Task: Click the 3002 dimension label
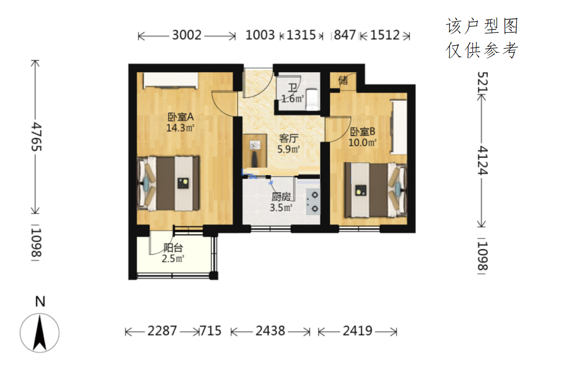tap(187, 35)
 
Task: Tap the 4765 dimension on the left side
tap(36, 137)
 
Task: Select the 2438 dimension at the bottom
tap(270, 331)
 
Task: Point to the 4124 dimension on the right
tap(482, 161)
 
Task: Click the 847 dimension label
tap(345, 35)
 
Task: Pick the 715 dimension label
tap(210, 331)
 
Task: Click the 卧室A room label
tap(180, 117)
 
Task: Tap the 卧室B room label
tap(363, 132)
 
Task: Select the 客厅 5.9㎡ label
tap(288, 144)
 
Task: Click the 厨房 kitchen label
tap(281, 196)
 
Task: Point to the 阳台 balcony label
tap(173, 248)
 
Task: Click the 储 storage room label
tap(343, 80)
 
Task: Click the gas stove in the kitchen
tap(313, 202)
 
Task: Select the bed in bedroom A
tap(168, 184)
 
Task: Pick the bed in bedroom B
tap(376, 190)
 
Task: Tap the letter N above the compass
tap(40, 301)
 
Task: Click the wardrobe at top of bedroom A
tap(171, 81)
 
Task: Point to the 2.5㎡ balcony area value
tap(173, 259)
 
